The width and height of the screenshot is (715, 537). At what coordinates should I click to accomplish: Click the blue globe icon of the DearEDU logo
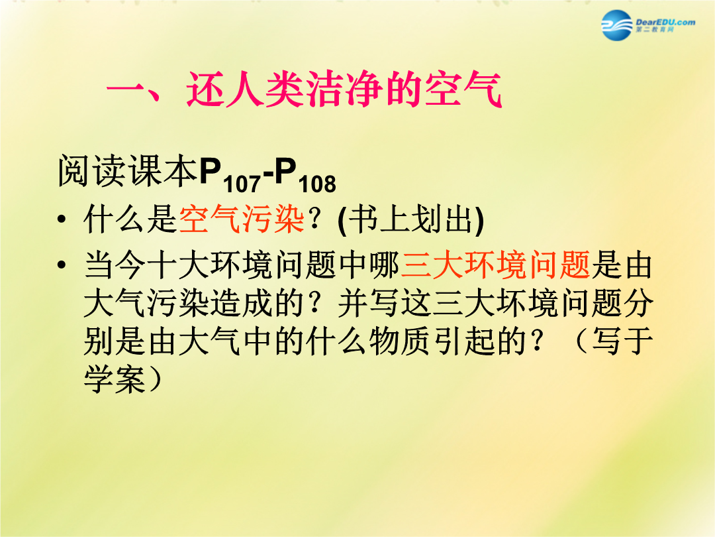tap(617, 25)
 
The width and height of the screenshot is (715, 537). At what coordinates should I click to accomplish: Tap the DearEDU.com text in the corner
tap(665, 22)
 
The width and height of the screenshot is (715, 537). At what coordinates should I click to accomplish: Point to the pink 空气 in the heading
tap(463, 89)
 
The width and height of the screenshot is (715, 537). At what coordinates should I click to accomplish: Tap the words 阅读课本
tap(128, 171)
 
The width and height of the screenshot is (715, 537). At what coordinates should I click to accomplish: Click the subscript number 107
tap(242, 184)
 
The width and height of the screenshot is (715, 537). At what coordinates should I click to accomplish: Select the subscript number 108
tap(317, 184)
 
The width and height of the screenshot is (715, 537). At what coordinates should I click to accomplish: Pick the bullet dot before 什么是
tap(62, 219)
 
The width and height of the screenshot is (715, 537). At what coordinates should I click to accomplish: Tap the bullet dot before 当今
tap(62, 265)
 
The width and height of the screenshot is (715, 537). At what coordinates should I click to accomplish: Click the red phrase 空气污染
tap(241, 219)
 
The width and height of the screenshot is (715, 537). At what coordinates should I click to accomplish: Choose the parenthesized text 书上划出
tap(411, 220)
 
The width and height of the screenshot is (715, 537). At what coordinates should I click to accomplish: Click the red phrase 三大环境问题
tap(496, 265)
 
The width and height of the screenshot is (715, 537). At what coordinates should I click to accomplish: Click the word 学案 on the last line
tap(115, 380)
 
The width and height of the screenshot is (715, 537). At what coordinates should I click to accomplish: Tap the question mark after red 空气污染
tap(314, 219)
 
